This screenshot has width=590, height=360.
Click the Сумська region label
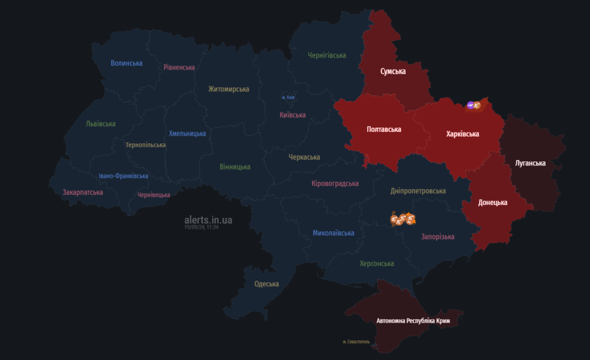point(393,71)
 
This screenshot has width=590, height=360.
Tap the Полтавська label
point(384,130)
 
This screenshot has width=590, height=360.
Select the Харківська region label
point(463,134)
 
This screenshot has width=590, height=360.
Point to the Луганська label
point(530,163)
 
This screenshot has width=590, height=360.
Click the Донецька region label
point(493,203)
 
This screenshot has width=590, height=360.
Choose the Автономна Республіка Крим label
point(413,320)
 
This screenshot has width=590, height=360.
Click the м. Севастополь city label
point(360,342)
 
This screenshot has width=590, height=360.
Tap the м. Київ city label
point(289,97)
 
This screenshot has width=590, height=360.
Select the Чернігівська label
point(327,55)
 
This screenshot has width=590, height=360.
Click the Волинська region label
point(126,63)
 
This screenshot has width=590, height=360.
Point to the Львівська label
point(100,124)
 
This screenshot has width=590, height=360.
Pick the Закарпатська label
point(82,192)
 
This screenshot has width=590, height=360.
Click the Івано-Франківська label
point(123,176)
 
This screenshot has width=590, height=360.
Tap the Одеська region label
point(266,284)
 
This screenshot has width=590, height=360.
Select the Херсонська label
point(377,263)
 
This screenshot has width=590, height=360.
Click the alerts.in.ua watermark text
point(209,220)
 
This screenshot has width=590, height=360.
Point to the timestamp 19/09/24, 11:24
point(201,228)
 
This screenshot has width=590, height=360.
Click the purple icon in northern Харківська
point(470,105)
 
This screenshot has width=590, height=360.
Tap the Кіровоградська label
point(335,184)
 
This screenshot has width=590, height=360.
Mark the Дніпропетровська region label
point(418,191)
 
